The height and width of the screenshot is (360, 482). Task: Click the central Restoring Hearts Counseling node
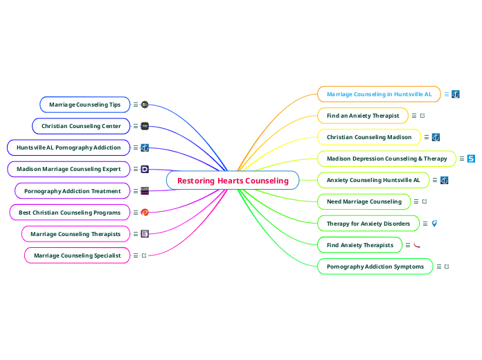coord(233,181)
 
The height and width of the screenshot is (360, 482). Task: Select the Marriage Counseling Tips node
coord(84,105)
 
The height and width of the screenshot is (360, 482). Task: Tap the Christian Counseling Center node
coord(81,126)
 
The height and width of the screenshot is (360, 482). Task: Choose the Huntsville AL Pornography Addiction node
coord(69,147)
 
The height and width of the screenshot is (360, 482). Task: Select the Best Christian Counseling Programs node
coord(69,212)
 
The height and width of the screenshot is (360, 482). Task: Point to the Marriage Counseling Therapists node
coord(75,234)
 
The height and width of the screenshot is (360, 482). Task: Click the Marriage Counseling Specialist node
coord(77,255)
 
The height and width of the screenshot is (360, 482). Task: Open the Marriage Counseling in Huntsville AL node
coord(379,94)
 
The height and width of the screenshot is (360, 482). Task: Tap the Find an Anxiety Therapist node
coord(363,116)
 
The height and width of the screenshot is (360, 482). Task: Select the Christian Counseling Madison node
coord(369,137)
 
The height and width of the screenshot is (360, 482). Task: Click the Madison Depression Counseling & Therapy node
coord(386,159)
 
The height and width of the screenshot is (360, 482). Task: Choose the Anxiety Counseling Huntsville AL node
coord(373,180)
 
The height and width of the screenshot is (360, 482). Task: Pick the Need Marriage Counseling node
coord(364,201)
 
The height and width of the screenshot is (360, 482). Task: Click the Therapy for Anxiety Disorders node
coord(368,224)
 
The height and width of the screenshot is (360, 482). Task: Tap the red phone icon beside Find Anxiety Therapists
coord(417,245)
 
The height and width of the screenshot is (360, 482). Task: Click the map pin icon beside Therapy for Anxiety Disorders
coord(434,224)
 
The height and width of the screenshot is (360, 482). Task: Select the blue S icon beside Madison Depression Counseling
coord(471,159)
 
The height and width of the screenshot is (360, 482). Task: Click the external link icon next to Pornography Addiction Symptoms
coord(447,267)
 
